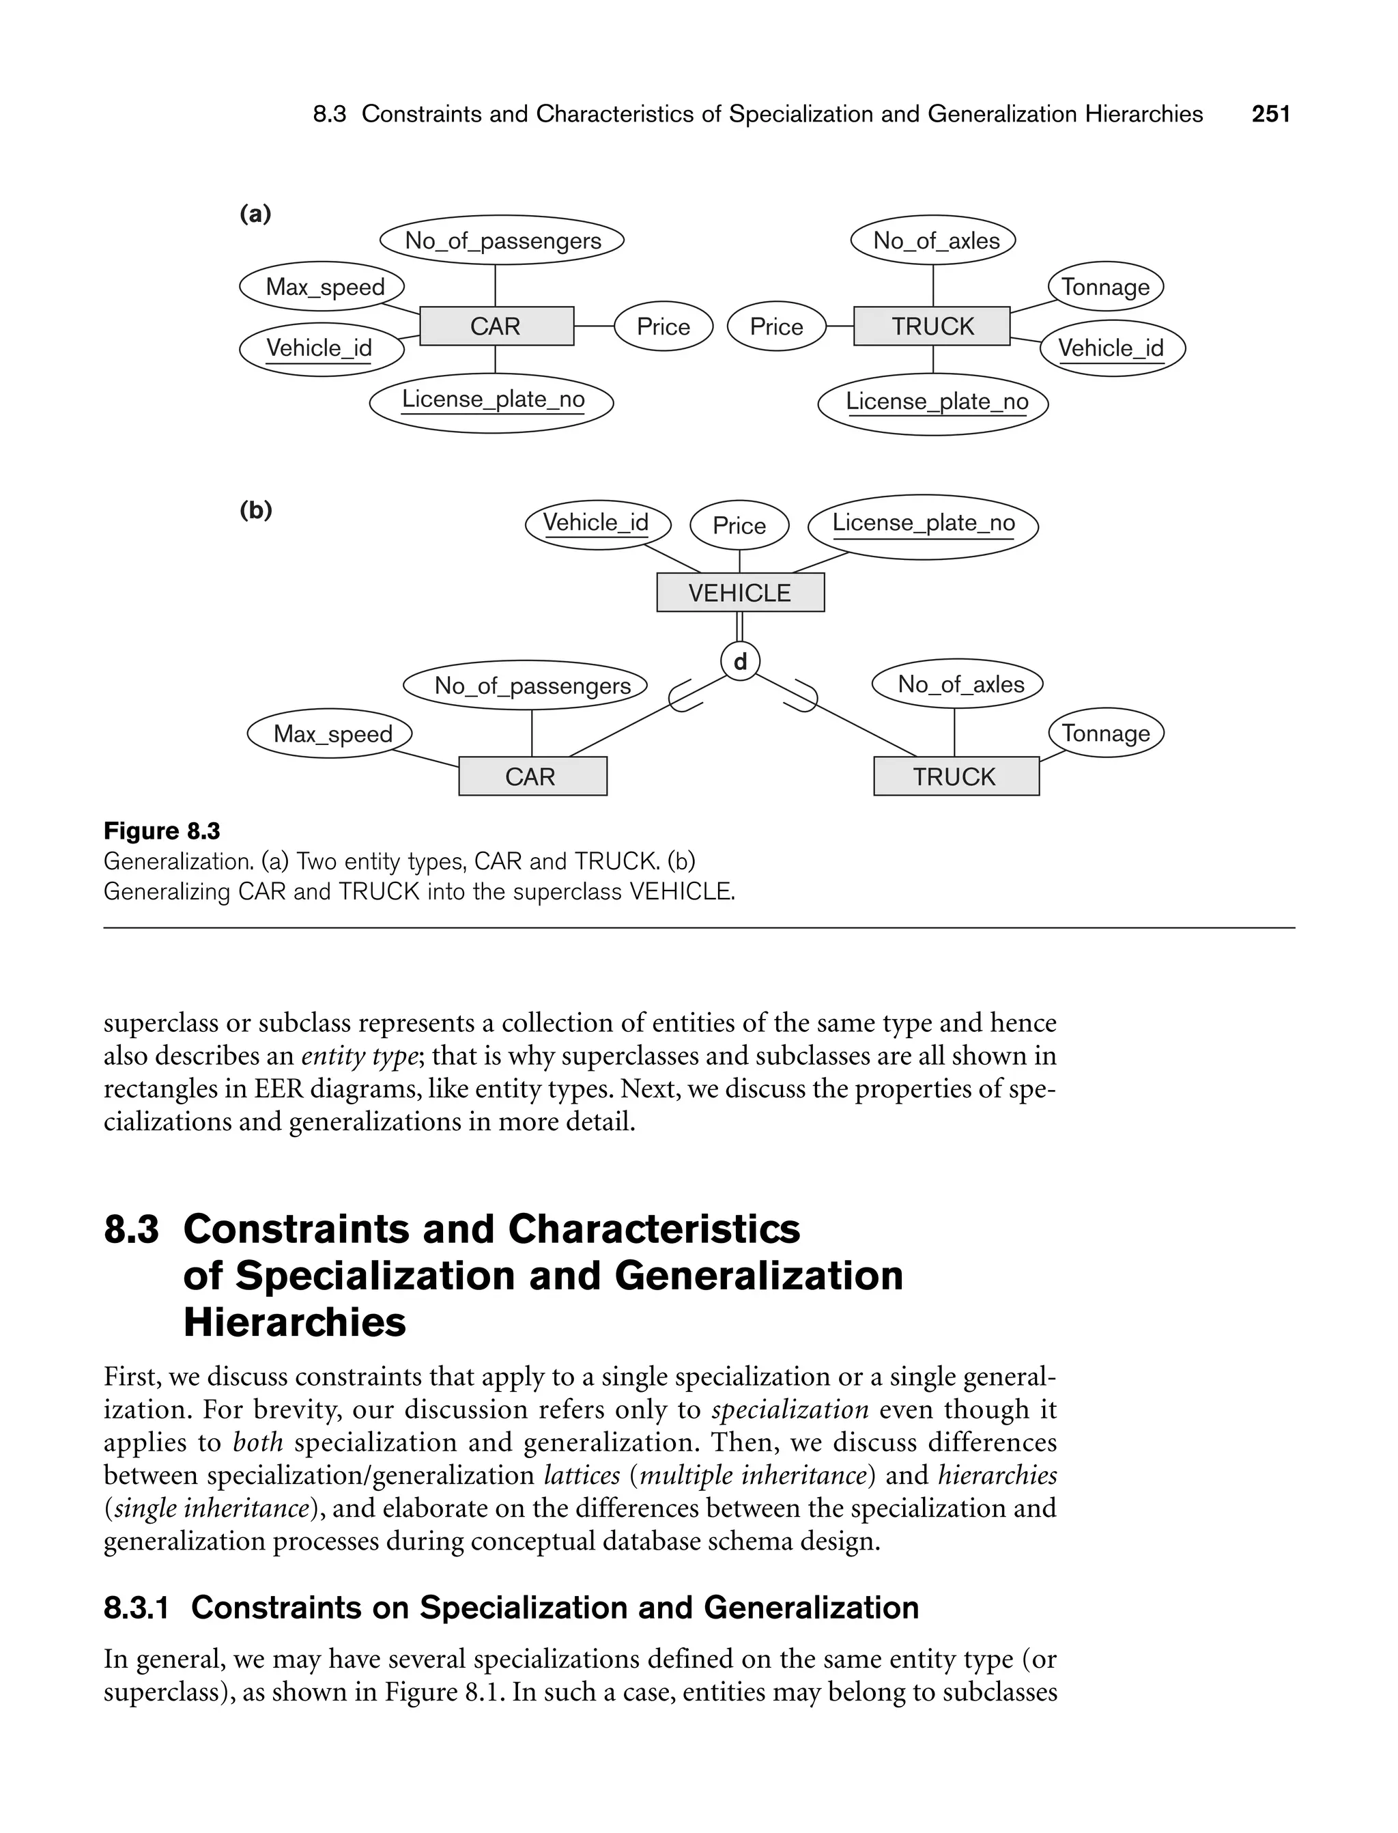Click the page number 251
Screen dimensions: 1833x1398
(x=1270, y=114)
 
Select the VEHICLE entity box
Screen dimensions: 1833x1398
(x=740, y=593)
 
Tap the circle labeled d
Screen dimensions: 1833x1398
(x=740, y=662)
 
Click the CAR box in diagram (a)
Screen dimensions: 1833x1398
(x=496, y=326)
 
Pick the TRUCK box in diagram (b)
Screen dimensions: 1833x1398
(x=955, y=776)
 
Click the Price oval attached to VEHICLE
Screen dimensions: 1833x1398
(x=739, y=525)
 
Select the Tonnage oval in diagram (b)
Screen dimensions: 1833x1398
(x=1105, y=733)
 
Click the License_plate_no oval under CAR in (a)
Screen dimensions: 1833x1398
(x=491, y=402)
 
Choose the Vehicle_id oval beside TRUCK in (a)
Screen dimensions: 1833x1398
(x=1112, y=348)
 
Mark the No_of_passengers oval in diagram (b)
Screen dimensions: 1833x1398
(x=532, y=685)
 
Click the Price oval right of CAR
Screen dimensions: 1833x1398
(x=664, y=326)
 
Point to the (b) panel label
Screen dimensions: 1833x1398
(x=255, y=509)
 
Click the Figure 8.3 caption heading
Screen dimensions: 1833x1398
(x=161, y=830)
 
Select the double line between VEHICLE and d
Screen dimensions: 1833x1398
(x=740, y=627)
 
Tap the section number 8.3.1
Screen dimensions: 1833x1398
(x=137, y=1608)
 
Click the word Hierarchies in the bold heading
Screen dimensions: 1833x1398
(x=295, y=1323)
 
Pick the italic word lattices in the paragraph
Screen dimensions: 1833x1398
(x=582, y=1475)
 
